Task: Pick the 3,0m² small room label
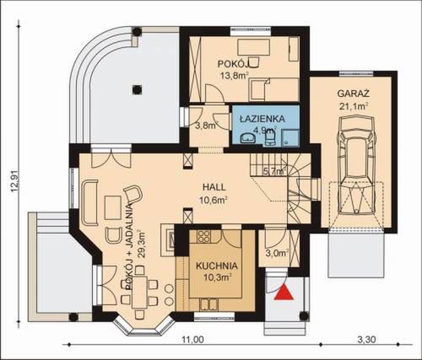coord(278,251)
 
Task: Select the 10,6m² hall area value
coord(216,200)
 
